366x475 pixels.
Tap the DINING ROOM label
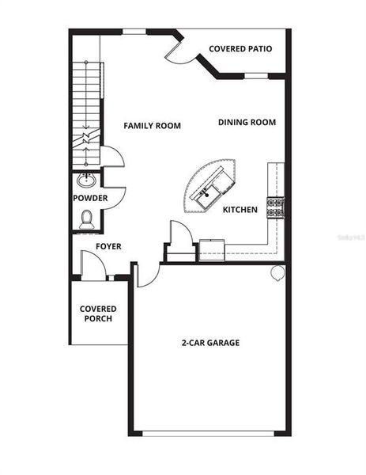click(247, 122)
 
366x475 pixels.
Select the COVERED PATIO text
click(240, 48)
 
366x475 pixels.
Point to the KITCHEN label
click(240, 210)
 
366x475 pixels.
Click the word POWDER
click(90, 198)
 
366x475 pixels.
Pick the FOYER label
click(108, 246)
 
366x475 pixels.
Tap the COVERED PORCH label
click(98, 313)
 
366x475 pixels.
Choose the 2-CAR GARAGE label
click(210, 343)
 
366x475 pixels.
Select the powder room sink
click(88, 179)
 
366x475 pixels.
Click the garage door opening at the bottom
click(209, 433)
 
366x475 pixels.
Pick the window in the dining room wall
click(256, 76)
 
